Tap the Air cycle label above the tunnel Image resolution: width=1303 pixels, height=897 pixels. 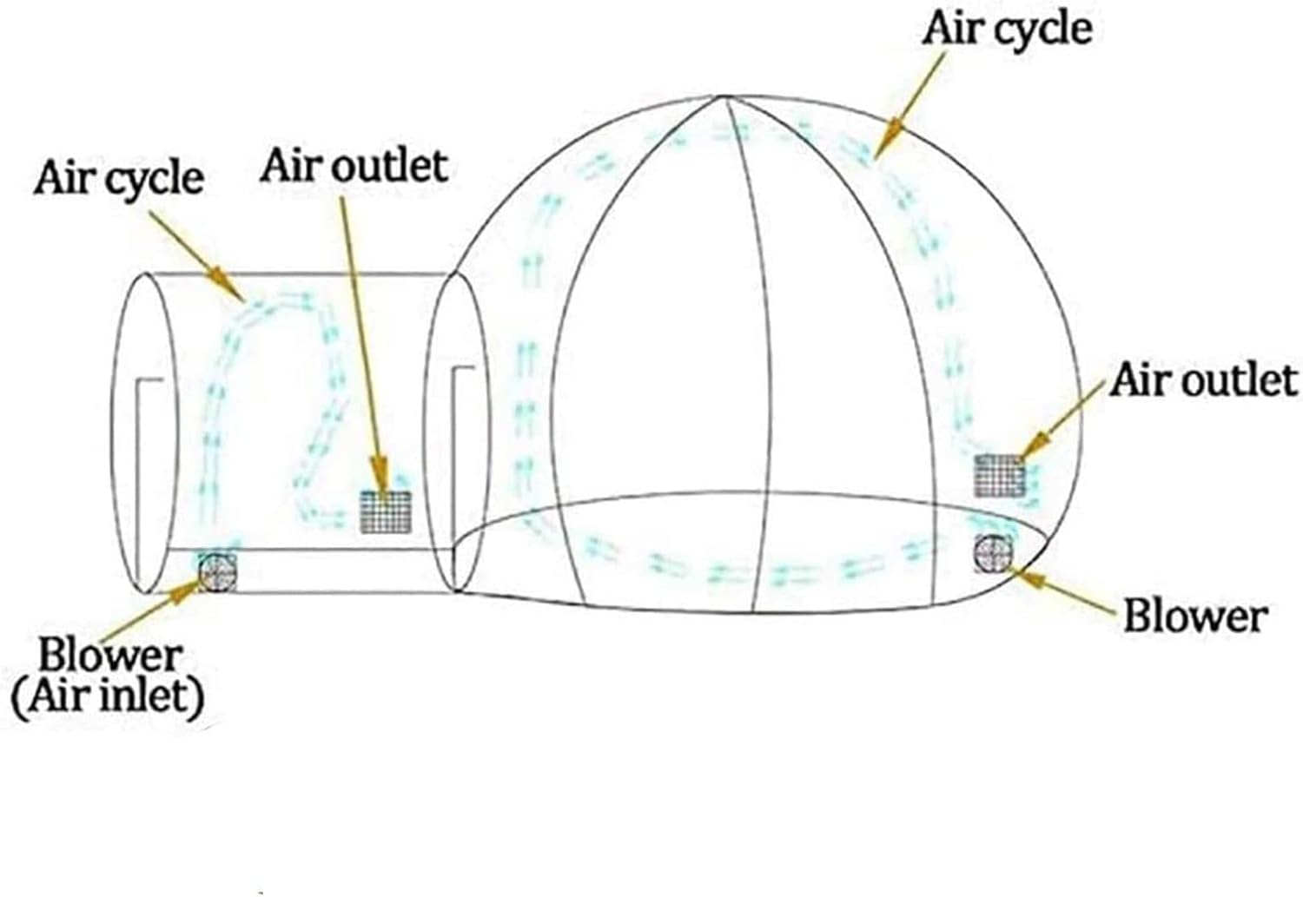119,179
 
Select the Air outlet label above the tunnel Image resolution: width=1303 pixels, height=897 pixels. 354,166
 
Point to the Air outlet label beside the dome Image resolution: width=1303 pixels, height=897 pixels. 1203,380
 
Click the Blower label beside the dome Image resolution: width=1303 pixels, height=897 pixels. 1195,617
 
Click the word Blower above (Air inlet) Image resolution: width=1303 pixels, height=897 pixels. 110,656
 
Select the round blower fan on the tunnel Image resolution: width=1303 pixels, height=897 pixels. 217,572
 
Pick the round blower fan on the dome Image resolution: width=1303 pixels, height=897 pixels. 994,553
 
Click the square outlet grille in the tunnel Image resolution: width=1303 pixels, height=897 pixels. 386,511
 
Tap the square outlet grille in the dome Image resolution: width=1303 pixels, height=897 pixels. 999,476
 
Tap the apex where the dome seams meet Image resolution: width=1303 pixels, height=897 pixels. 722,96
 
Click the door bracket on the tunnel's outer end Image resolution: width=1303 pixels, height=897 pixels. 149,477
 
